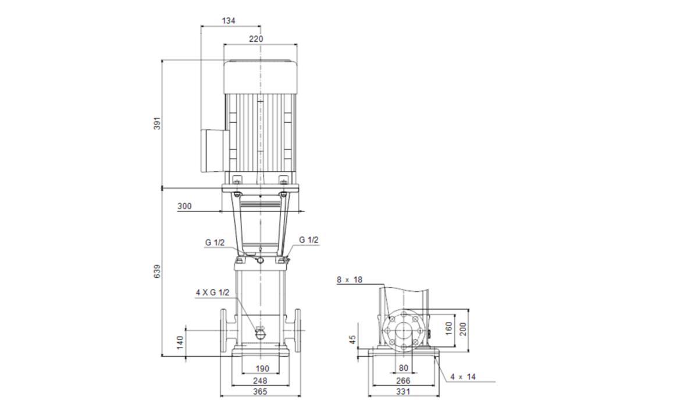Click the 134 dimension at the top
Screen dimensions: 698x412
[229, 21]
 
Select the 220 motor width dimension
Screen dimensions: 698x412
[256, 39]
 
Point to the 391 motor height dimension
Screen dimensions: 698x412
[158, 123]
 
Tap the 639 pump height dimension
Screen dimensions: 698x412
[158, 271]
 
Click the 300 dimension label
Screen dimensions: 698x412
[184, 206]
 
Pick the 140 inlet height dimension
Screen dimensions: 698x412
[180, 342]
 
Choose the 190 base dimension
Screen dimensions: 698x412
[262, 369]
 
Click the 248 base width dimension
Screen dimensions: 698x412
[260, 381]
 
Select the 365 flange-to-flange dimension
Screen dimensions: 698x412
[260, 392]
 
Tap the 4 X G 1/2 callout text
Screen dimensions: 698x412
[212, 293]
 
